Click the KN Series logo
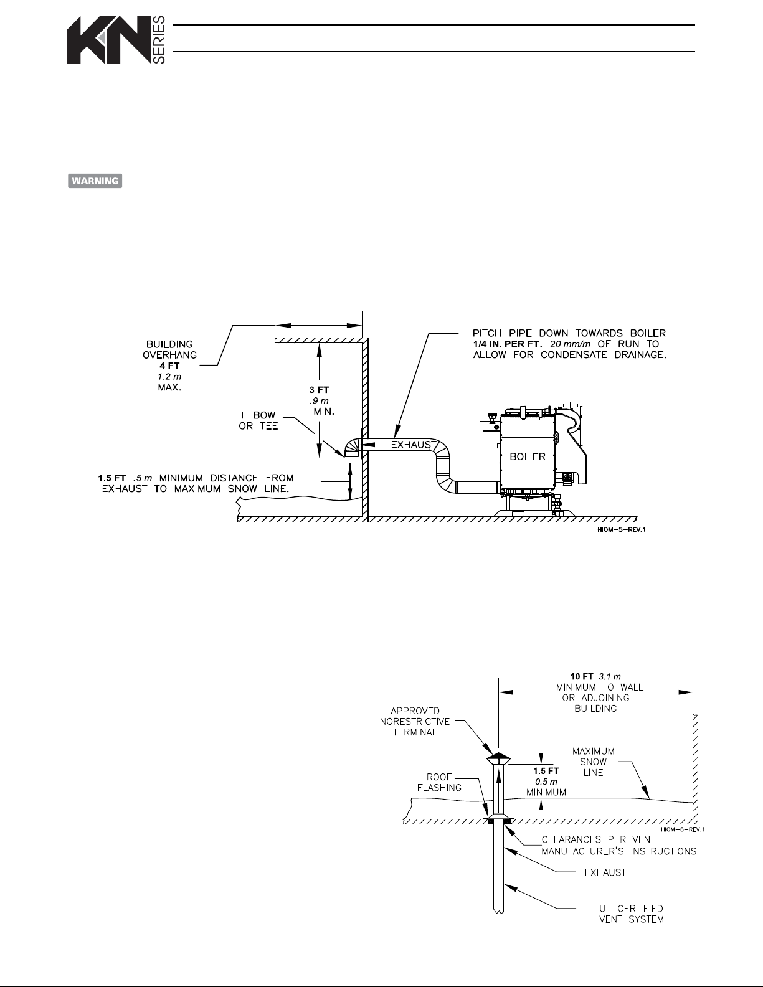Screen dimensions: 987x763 pos(116,40)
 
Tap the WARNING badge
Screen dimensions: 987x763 pos(95,181)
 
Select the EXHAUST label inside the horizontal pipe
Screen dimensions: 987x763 pos(410,445)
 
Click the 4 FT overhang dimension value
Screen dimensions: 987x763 pos(169,366)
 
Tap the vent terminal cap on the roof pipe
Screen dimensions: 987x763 pos(498,758)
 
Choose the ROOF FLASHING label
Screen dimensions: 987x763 pos(443,782)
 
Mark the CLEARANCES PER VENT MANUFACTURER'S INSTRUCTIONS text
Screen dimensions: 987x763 pos(618,845)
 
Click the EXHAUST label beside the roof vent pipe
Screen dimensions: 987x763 pos(605,872)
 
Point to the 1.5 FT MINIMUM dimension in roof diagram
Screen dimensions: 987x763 pos(546,782)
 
